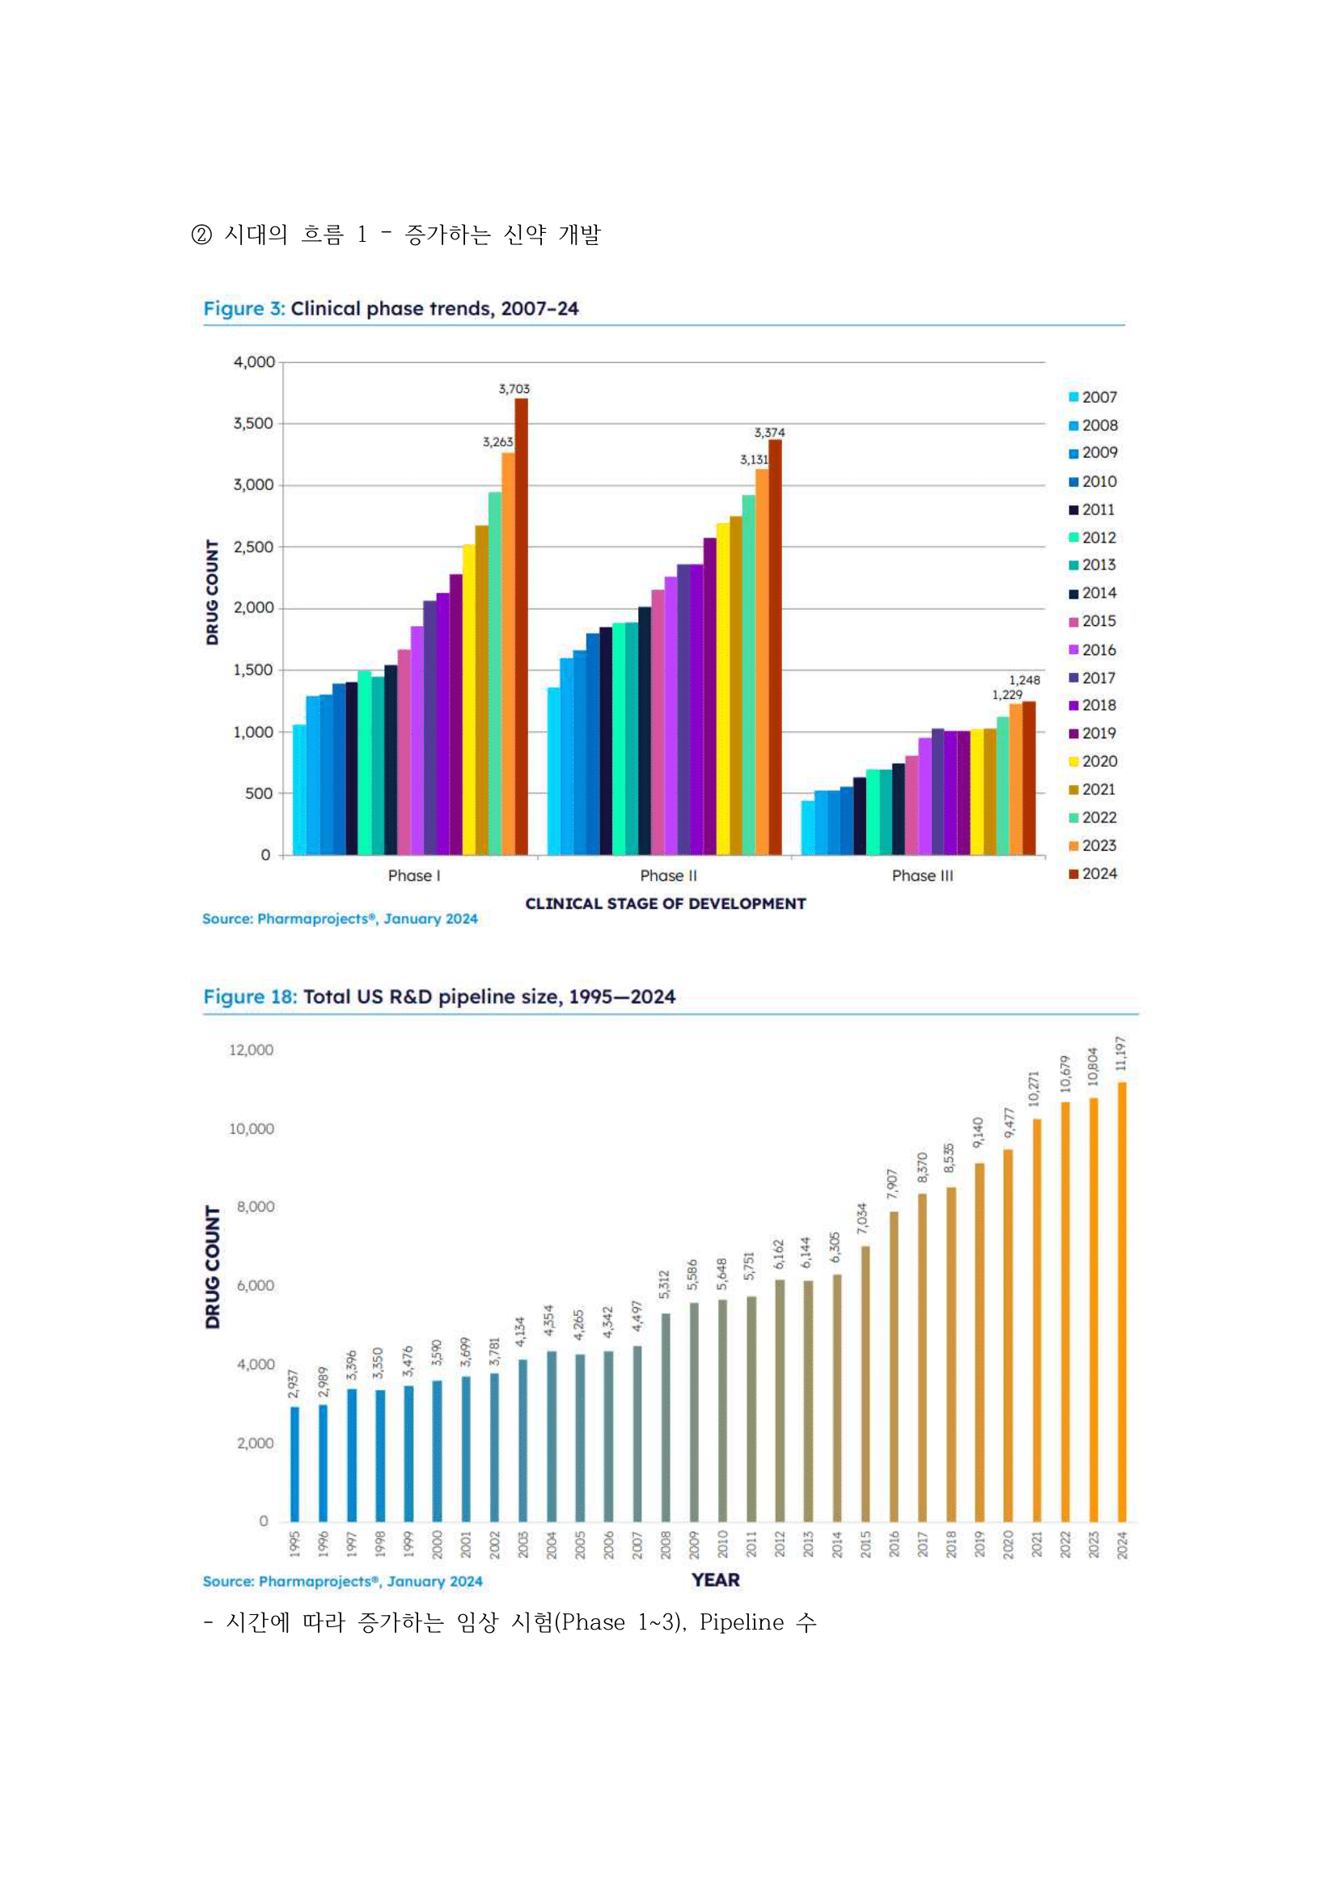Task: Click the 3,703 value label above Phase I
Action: [x=514, y=388]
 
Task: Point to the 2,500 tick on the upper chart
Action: [x=254, y=547]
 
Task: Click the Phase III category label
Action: [x=922, y=876]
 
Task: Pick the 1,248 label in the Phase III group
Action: [x=1024, y=680]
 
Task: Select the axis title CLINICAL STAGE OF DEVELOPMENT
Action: [x=665, y=904]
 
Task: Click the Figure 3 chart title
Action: [x=391, y=309]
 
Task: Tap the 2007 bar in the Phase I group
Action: [x=298, y=789]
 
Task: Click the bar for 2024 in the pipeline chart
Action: [x=1121, y=1302]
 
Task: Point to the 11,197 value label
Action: [x=1119, y=1054]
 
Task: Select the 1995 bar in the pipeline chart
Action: [x=294, y=1465]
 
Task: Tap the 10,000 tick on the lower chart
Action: [x=251, y=1128]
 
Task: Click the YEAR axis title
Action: [x=716, y=1579]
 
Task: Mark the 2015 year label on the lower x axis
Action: [x=865, y=1545]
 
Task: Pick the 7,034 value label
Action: [x=862, y=1218]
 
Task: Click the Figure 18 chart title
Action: [x=439, y=997]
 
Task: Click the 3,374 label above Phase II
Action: [x=769, y=432]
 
